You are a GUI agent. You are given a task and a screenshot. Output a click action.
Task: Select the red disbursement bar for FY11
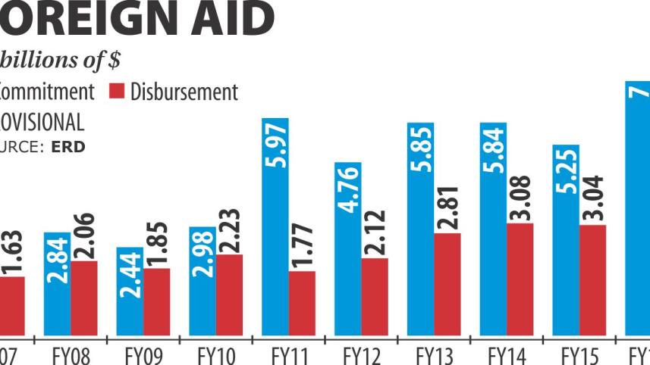point(302,303)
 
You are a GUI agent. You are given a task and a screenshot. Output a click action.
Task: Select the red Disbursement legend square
point(116,92)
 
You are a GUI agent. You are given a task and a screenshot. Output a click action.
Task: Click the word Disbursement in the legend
point(184,92)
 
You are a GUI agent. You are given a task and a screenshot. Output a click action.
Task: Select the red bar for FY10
point(230,295)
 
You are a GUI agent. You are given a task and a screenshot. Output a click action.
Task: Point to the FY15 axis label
point(580,354)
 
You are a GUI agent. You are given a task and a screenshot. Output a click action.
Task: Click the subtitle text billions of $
point(61,59)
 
